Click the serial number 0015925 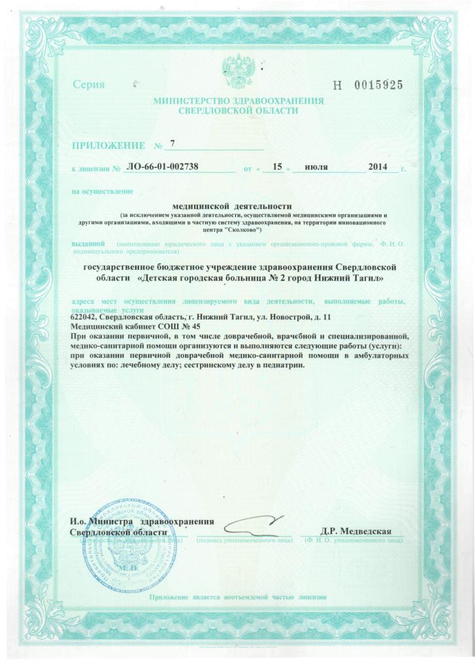(378, 85)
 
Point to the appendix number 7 (172, 142)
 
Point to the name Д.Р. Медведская (355, 531)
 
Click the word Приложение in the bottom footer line (171, 597)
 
